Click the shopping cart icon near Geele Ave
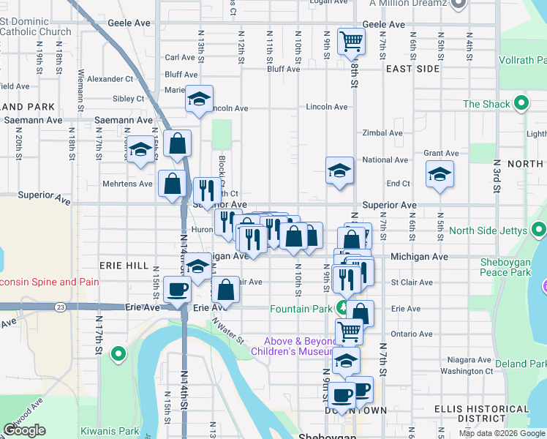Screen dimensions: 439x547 352,41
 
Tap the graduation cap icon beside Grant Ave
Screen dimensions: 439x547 440,174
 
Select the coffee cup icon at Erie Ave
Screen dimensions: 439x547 177,290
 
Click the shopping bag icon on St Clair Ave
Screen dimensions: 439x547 226,290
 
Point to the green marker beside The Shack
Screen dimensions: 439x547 521,104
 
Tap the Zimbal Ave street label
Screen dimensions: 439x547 382,133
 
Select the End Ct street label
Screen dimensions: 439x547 398,184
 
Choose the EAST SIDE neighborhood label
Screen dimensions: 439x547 412,69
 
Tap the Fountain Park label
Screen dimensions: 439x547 302,308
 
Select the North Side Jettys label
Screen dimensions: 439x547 488,230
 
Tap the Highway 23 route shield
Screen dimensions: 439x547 59,307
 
